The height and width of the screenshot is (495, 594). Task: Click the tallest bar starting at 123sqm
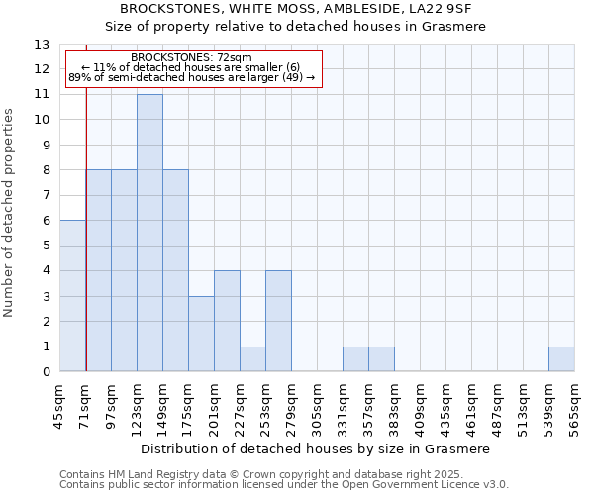(149, 233)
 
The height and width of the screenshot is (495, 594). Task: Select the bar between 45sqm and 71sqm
(72, 295)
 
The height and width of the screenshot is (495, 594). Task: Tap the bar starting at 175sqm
(201, 334)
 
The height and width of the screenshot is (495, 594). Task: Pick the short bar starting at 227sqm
(252, 359)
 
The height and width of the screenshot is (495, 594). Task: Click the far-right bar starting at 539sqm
(561, 359)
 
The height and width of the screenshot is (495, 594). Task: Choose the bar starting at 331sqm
(355, 359)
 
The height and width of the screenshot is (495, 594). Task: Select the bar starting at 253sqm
(278, 321)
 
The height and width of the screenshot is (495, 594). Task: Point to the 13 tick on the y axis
(42, 45)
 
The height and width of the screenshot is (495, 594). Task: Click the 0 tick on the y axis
(46, 372)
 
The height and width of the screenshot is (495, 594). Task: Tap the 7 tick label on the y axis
(46, 195)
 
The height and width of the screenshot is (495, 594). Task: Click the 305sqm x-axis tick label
(317, 407)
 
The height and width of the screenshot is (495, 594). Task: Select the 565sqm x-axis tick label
(574, 407)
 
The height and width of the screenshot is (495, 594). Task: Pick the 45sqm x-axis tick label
(59, 407)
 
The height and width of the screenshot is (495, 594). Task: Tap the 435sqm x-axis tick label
(445, 407)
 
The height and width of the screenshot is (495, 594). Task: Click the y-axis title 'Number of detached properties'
(10, 213)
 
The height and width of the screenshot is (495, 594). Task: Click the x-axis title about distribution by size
(317, 448)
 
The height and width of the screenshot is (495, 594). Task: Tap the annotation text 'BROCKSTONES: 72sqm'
(191, 58)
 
